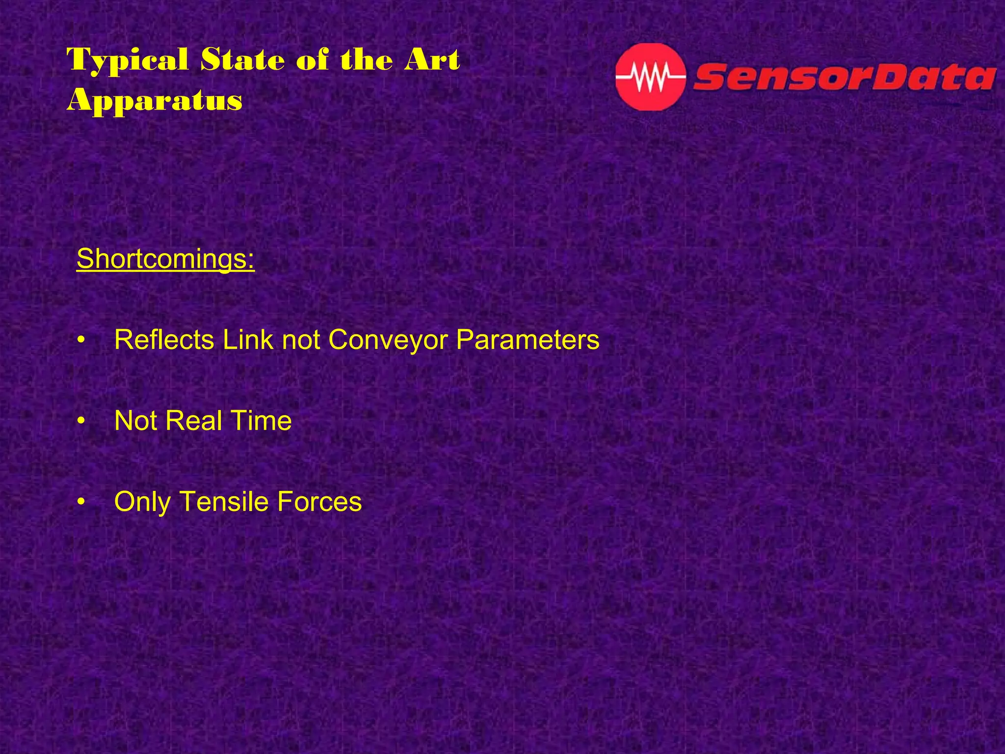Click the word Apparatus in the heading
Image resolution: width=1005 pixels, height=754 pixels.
(155, 101)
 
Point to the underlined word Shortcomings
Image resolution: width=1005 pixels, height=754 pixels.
(165, 259)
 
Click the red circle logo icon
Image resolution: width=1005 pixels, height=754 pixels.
(650, 77)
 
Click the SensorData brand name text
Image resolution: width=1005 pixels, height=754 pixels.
(844, 78)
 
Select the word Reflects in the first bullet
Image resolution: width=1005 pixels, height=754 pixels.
(164, 339)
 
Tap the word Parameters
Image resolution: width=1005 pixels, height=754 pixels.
(528, 339)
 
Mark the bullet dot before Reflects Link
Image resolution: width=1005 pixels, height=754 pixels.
(81, 340)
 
